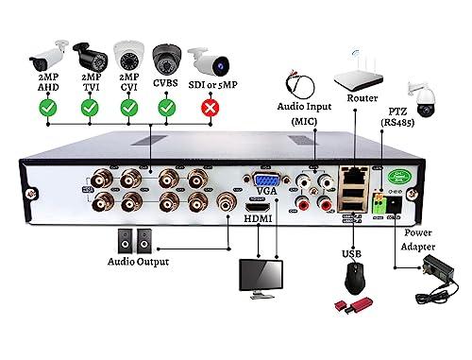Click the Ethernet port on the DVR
[x=354, y=174]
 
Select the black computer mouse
[x=355, y=278]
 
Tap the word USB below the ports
[x=351, y=253]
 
